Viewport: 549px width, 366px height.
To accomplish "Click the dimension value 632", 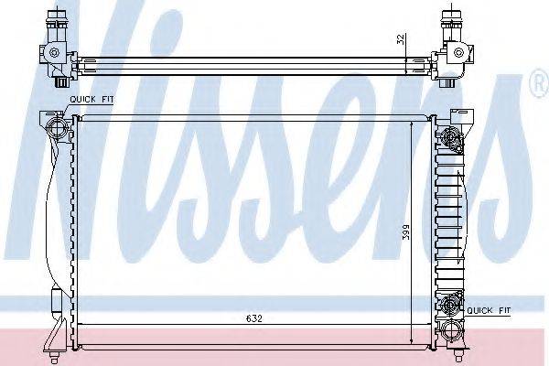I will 255,319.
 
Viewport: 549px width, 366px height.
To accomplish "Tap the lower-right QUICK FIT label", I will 490,311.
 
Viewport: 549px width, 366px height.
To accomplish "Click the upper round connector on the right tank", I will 449,138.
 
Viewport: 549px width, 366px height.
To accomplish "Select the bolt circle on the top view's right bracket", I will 451,51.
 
